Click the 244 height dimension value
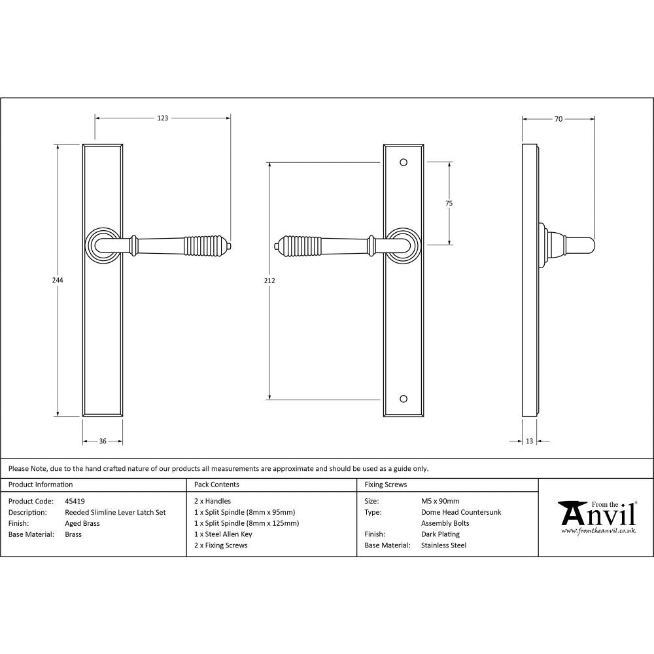pyautogui.click(x=58, y=280)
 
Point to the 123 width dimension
pyautogui.click(x=162, y=118)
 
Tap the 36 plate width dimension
pyautogui.click(x=103, y=441)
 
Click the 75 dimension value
pyautogui.click(x=449, y=203)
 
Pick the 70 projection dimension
pyautogui.click(x=558, y=119)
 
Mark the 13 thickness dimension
pyautogui.click(x=529, y=441)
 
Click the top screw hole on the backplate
pyautogui.click(x=403, y=162)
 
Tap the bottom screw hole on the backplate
pyautogui.click(x=403, y=398)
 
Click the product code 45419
pyautogui.click(x=75, y=502)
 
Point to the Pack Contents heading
pyautogui.click(x=216, y=485)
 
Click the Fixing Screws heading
pyautogui.click(x=386, y=485)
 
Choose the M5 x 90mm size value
pyautogui.click(x=440, y=502)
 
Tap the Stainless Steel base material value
pyautogui.click(x=443, y=545)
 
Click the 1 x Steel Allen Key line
pyautogui.click(x=223, y=534)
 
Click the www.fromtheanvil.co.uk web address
pyautogui.click(x=598, y=531)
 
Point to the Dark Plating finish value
pyautogui.click(x=440, y=534)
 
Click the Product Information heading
pyautogui.click(x=41, y=485)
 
